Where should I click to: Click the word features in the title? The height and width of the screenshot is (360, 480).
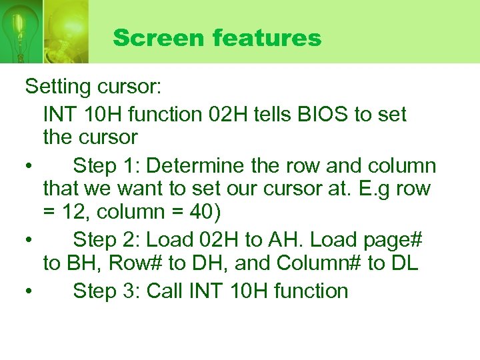267,38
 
